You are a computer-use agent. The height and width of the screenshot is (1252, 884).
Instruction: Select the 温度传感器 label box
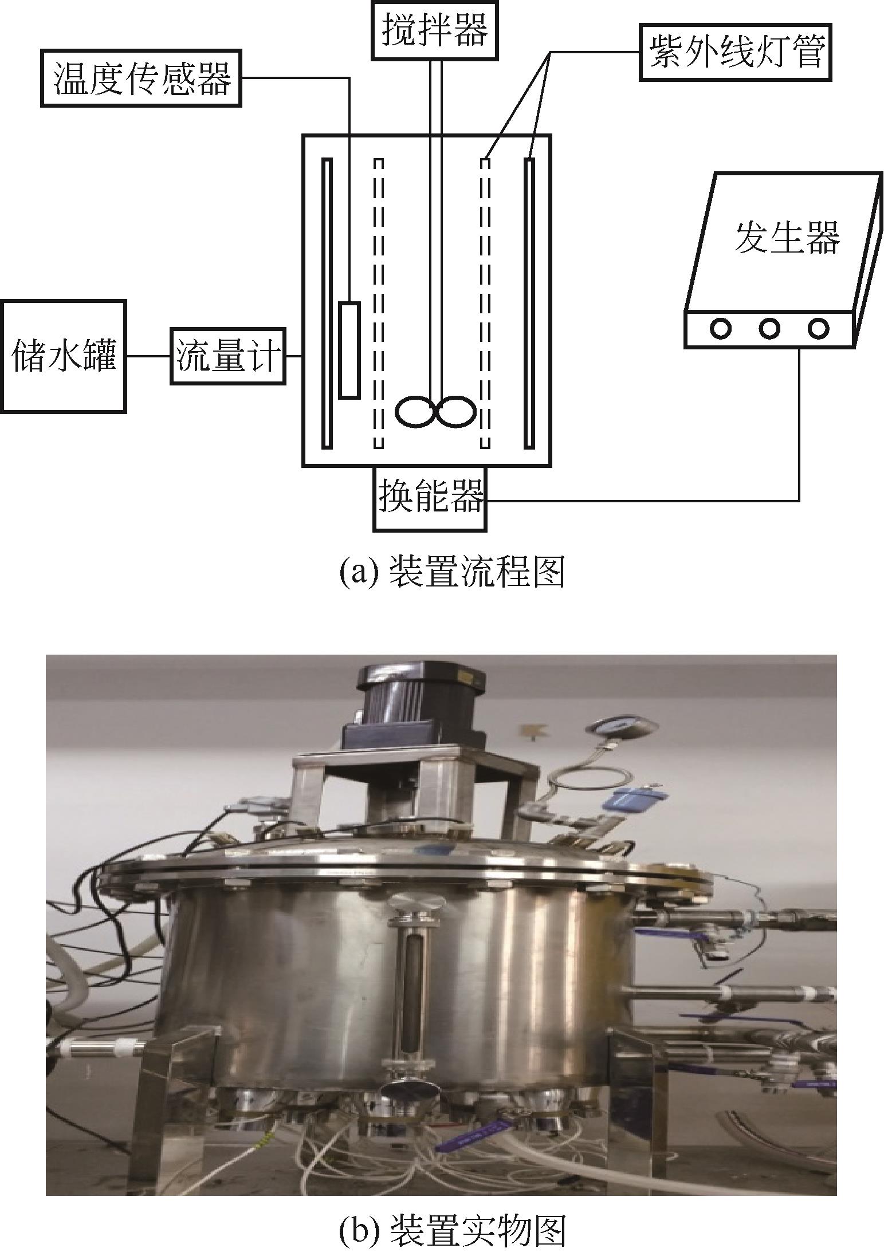141,78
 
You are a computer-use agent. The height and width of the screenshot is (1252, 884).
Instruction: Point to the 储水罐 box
62,356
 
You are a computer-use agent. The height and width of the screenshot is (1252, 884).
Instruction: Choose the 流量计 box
228,356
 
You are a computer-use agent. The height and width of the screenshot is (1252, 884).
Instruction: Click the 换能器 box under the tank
430,498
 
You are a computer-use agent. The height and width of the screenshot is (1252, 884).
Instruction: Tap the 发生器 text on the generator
787,237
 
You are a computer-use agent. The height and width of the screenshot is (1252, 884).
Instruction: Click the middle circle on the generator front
769,328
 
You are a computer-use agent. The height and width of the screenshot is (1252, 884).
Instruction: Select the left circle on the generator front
721,328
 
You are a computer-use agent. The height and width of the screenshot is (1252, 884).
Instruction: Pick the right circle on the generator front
818,328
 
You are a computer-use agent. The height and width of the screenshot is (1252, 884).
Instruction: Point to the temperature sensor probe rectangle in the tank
349,349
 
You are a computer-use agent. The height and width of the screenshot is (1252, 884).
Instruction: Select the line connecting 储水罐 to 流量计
148,356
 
